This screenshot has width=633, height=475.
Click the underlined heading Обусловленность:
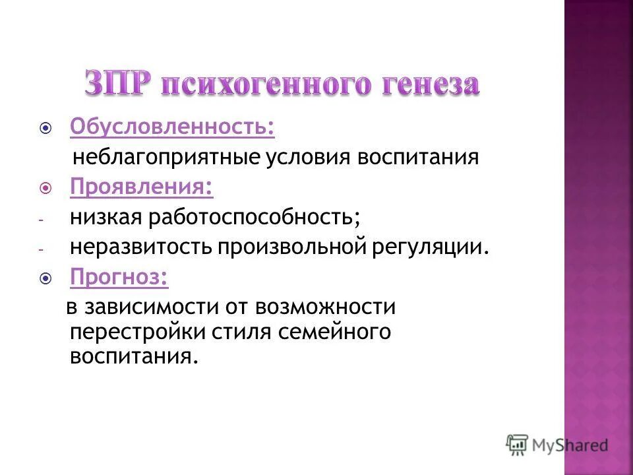173,127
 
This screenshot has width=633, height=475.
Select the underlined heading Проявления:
142,187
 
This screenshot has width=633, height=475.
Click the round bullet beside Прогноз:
45,278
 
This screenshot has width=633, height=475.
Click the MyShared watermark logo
557,444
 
